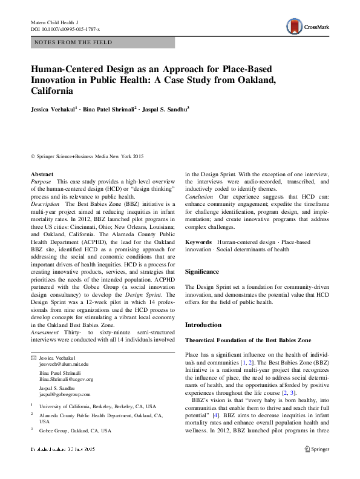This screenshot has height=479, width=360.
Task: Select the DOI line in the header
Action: [x=65, y=29]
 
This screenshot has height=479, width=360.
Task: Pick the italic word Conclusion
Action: [x=198, y=197]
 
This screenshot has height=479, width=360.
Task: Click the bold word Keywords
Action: [x=198, y=242]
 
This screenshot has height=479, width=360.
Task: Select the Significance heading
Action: [x=202, y=272]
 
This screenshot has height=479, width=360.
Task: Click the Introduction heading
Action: [x=203, y=325]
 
